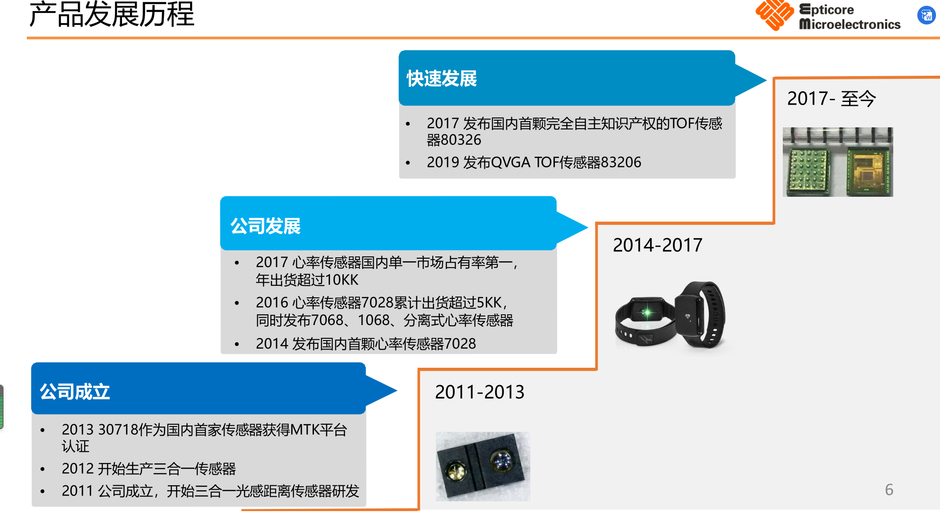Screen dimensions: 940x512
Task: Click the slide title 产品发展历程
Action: pos(112,14)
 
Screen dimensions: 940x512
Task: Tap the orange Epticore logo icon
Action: pos(774,15)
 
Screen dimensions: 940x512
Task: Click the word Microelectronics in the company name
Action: pos(850,24)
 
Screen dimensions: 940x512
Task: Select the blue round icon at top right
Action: pos(927,16)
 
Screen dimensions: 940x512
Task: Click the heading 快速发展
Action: pos(442,78)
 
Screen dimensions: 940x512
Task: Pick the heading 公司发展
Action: pos(265,226)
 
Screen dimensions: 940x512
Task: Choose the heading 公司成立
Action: pos(75,392)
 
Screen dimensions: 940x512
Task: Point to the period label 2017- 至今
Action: pos(831,98)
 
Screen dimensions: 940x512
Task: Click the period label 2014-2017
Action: pos(657,245)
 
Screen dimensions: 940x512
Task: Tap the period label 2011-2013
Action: pos(480,392)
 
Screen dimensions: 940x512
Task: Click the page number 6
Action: pos(889,490)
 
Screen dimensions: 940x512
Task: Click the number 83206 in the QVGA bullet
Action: pos(621,162)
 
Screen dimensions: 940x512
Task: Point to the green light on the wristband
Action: pos(647,313)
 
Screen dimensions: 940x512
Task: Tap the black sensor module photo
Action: pos(483,466)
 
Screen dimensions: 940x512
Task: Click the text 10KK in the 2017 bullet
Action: pos(342,280)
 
